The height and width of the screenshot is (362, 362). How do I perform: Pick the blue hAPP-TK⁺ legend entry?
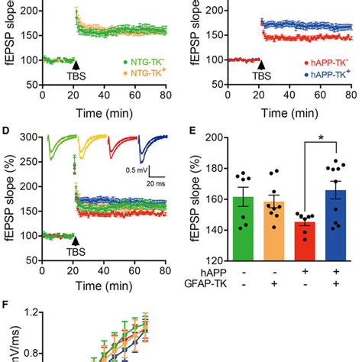(325, 77)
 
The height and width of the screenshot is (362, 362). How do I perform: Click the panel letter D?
(6, 131)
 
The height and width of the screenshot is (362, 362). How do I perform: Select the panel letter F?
(6, 303)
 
